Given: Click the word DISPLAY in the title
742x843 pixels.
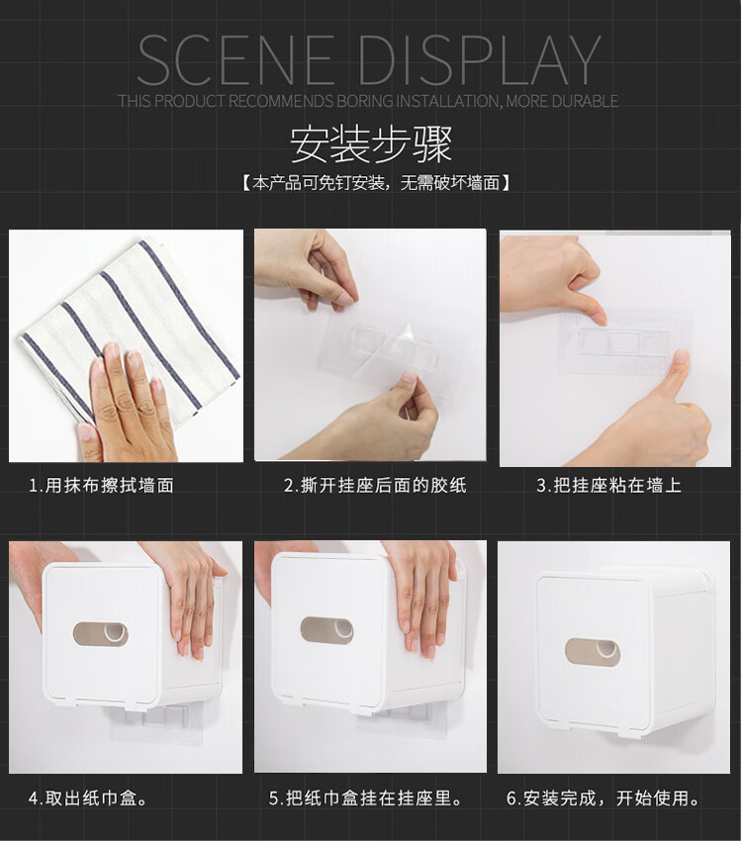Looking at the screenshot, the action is (479, 59).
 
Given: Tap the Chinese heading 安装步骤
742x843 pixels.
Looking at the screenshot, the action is (371, 144).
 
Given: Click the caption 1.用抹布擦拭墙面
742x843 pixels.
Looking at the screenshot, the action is (101, 486).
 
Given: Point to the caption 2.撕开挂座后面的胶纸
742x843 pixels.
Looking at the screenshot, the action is (375, 486).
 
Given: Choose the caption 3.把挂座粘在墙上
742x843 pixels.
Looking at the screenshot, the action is (609, 486).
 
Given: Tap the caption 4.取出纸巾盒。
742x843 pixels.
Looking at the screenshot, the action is (88, 798).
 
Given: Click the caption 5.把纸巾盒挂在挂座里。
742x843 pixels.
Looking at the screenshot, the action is (366, 798).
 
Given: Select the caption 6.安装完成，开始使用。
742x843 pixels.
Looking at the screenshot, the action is (603, 798).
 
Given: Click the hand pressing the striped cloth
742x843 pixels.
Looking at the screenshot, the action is (127, 404).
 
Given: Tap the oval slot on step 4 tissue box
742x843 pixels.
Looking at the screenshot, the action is (101, 634).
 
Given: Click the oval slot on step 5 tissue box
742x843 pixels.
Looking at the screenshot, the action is (326, 630).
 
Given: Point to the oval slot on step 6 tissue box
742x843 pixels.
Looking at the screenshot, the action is (592, 652).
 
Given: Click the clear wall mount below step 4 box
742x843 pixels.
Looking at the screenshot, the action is (156, 723).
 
